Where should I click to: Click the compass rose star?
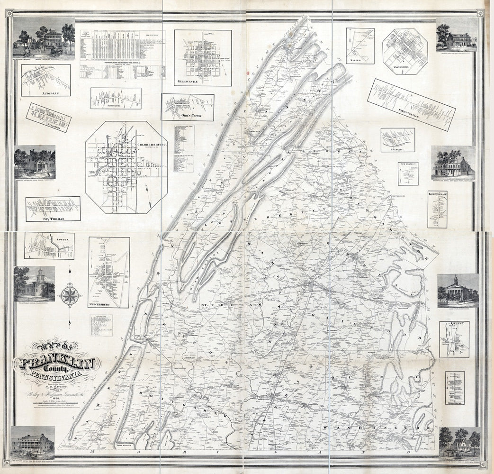coord(70,295)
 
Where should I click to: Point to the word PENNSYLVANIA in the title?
coord(56,378)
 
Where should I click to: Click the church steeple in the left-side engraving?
coord(40,273)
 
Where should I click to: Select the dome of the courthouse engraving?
coord(456,279)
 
